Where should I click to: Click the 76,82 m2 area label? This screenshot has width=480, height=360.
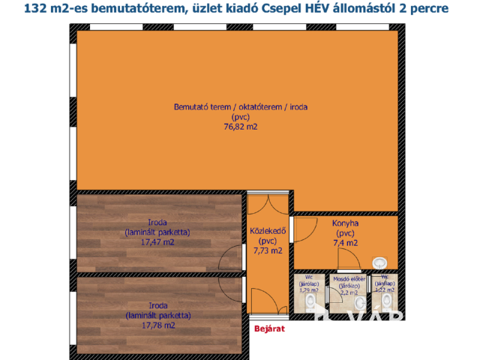pos(239,127)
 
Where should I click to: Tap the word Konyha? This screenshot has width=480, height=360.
pos(345,223)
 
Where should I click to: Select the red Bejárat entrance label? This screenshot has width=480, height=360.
pos(268,328)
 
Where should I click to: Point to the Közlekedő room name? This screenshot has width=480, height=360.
pos(267,231)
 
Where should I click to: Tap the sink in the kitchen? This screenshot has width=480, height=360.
pos(380,262)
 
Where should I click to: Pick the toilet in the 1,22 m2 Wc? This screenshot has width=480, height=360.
pos(387,301)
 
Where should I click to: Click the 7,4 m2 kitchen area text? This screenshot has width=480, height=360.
pos(345,242)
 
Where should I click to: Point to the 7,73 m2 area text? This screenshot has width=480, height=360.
pos(267,250)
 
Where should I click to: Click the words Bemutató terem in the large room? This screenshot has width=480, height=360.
pos(200,107)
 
